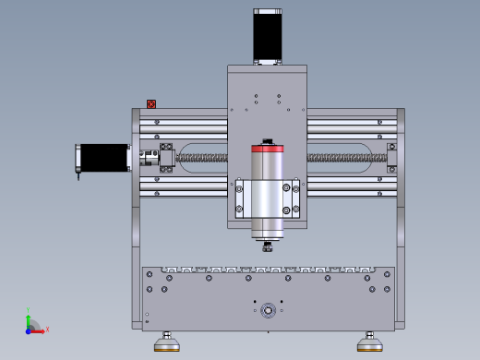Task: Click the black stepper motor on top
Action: point(267,35)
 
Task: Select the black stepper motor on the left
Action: point(104,157)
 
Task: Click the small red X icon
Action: point(151,105)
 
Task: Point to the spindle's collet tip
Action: point(267,246)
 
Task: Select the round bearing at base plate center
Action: point(267,309)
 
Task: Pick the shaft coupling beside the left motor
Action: point(147,158)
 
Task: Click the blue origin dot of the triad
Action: point(29,329)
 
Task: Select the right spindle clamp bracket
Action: point(294,198)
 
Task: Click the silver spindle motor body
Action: point(267,198)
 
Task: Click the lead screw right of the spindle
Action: point(342,159)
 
